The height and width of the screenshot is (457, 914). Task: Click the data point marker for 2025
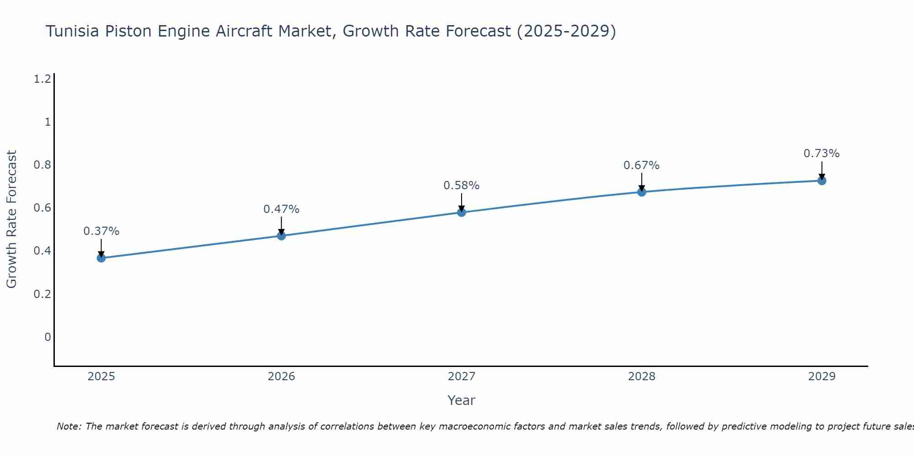click(101, 258)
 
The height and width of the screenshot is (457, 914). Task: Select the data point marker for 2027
click(462, 212)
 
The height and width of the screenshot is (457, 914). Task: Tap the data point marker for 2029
click(822, 181)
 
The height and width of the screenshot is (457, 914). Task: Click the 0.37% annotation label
click(101, 231)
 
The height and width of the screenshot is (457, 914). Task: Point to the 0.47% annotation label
click(281, 209)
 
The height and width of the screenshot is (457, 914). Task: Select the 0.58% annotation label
click(461, 186)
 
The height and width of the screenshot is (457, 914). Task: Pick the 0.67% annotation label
click(641, 165)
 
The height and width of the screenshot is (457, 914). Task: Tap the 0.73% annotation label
click(821, 154)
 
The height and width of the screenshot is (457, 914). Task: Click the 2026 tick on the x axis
click(281, 377)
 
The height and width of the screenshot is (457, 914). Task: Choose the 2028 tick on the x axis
click(641, 377)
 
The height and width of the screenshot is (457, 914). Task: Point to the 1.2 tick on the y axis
click(42, 79)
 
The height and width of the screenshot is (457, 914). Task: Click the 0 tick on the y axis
click(48, 337)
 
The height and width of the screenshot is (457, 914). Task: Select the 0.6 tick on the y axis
click(42, 208)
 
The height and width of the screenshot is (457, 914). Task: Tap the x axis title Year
click(461, 400)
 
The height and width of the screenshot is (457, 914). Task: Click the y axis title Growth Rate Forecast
click(11, 219)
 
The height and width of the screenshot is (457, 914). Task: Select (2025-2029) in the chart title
click(566, 31)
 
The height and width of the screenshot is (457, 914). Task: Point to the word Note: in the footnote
click(69, 426)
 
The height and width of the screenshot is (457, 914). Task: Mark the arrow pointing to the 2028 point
click(642, 182)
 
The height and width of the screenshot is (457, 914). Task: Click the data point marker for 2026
click(282, 236)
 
